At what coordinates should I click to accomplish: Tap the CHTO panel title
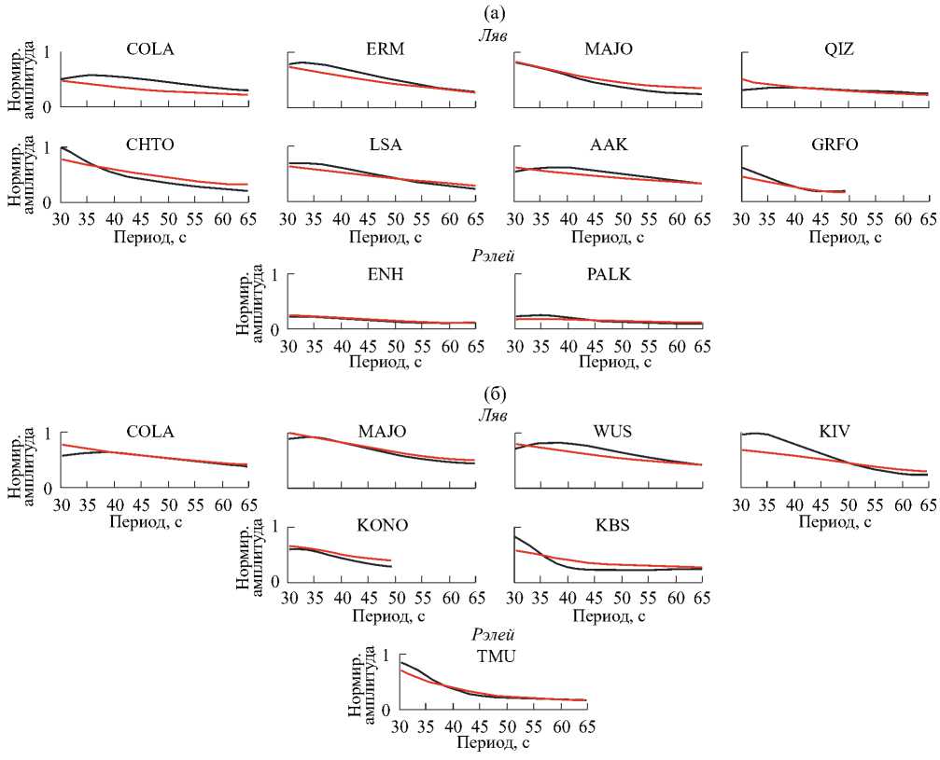149,145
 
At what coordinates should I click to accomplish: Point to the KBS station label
612,524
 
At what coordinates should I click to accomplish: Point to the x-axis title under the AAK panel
609,238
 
